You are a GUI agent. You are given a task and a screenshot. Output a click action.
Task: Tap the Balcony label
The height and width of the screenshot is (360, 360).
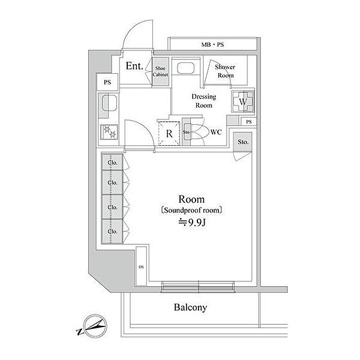[x=190, y=308]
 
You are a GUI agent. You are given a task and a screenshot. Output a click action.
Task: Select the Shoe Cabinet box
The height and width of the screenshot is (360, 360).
[x=160, y=71]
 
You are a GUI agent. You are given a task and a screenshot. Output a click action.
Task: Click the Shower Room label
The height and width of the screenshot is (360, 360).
[x=226, y=71]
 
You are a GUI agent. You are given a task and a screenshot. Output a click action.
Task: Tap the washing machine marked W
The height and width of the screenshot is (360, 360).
[x=243, y=102]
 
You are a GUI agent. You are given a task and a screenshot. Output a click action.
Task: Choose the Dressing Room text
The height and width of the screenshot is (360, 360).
[x=203, y=100]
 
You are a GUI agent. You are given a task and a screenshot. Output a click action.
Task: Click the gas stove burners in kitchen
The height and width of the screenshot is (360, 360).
[x=110, y=131]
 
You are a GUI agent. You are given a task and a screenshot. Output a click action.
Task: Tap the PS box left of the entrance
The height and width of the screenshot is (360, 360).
[x=107, y=82]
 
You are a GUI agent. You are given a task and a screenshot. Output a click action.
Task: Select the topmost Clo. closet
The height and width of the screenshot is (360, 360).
[x=112, y=162]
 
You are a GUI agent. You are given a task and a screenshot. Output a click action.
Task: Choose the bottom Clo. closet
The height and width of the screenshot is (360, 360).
[x=112, y=229]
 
